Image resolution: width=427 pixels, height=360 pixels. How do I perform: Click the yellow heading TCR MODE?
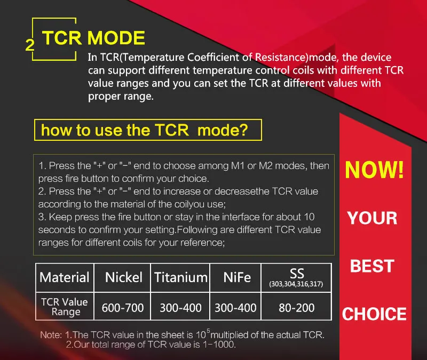93,38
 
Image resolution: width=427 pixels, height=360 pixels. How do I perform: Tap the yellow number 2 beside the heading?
30,45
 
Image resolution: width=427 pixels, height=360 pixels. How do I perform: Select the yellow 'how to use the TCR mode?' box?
148,130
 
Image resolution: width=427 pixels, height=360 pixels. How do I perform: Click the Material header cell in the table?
65,277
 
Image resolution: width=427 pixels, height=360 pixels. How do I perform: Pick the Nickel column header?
124,277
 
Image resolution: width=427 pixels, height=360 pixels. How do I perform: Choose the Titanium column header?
180,277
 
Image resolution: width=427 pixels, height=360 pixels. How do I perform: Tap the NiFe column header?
236,277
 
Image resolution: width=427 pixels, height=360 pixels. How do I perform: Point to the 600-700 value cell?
123,308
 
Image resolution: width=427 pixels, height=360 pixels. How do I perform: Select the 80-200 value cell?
297,308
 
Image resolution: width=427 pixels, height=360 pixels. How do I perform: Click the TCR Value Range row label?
65,307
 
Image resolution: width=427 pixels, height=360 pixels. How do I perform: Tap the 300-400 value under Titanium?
180,308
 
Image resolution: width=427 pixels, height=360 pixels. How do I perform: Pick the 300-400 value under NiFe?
235,308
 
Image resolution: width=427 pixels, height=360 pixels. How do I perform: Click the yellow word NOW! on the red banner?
375,170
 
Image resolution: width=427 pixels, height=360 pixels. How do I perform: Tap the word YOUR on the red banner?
372,218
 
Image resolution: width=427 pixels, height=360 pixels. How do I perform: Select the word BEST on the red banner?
372,266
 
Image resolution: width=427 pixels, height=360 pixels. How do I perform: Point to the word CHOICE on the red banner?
374,314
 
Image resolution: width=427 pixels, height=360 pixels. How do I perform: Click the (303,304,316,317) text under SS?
296,284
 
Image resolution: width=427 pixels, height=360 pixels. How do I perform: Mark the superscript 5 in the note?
208,331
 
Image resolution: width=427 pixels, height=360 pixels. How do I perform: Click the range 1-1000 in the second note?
219,345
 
